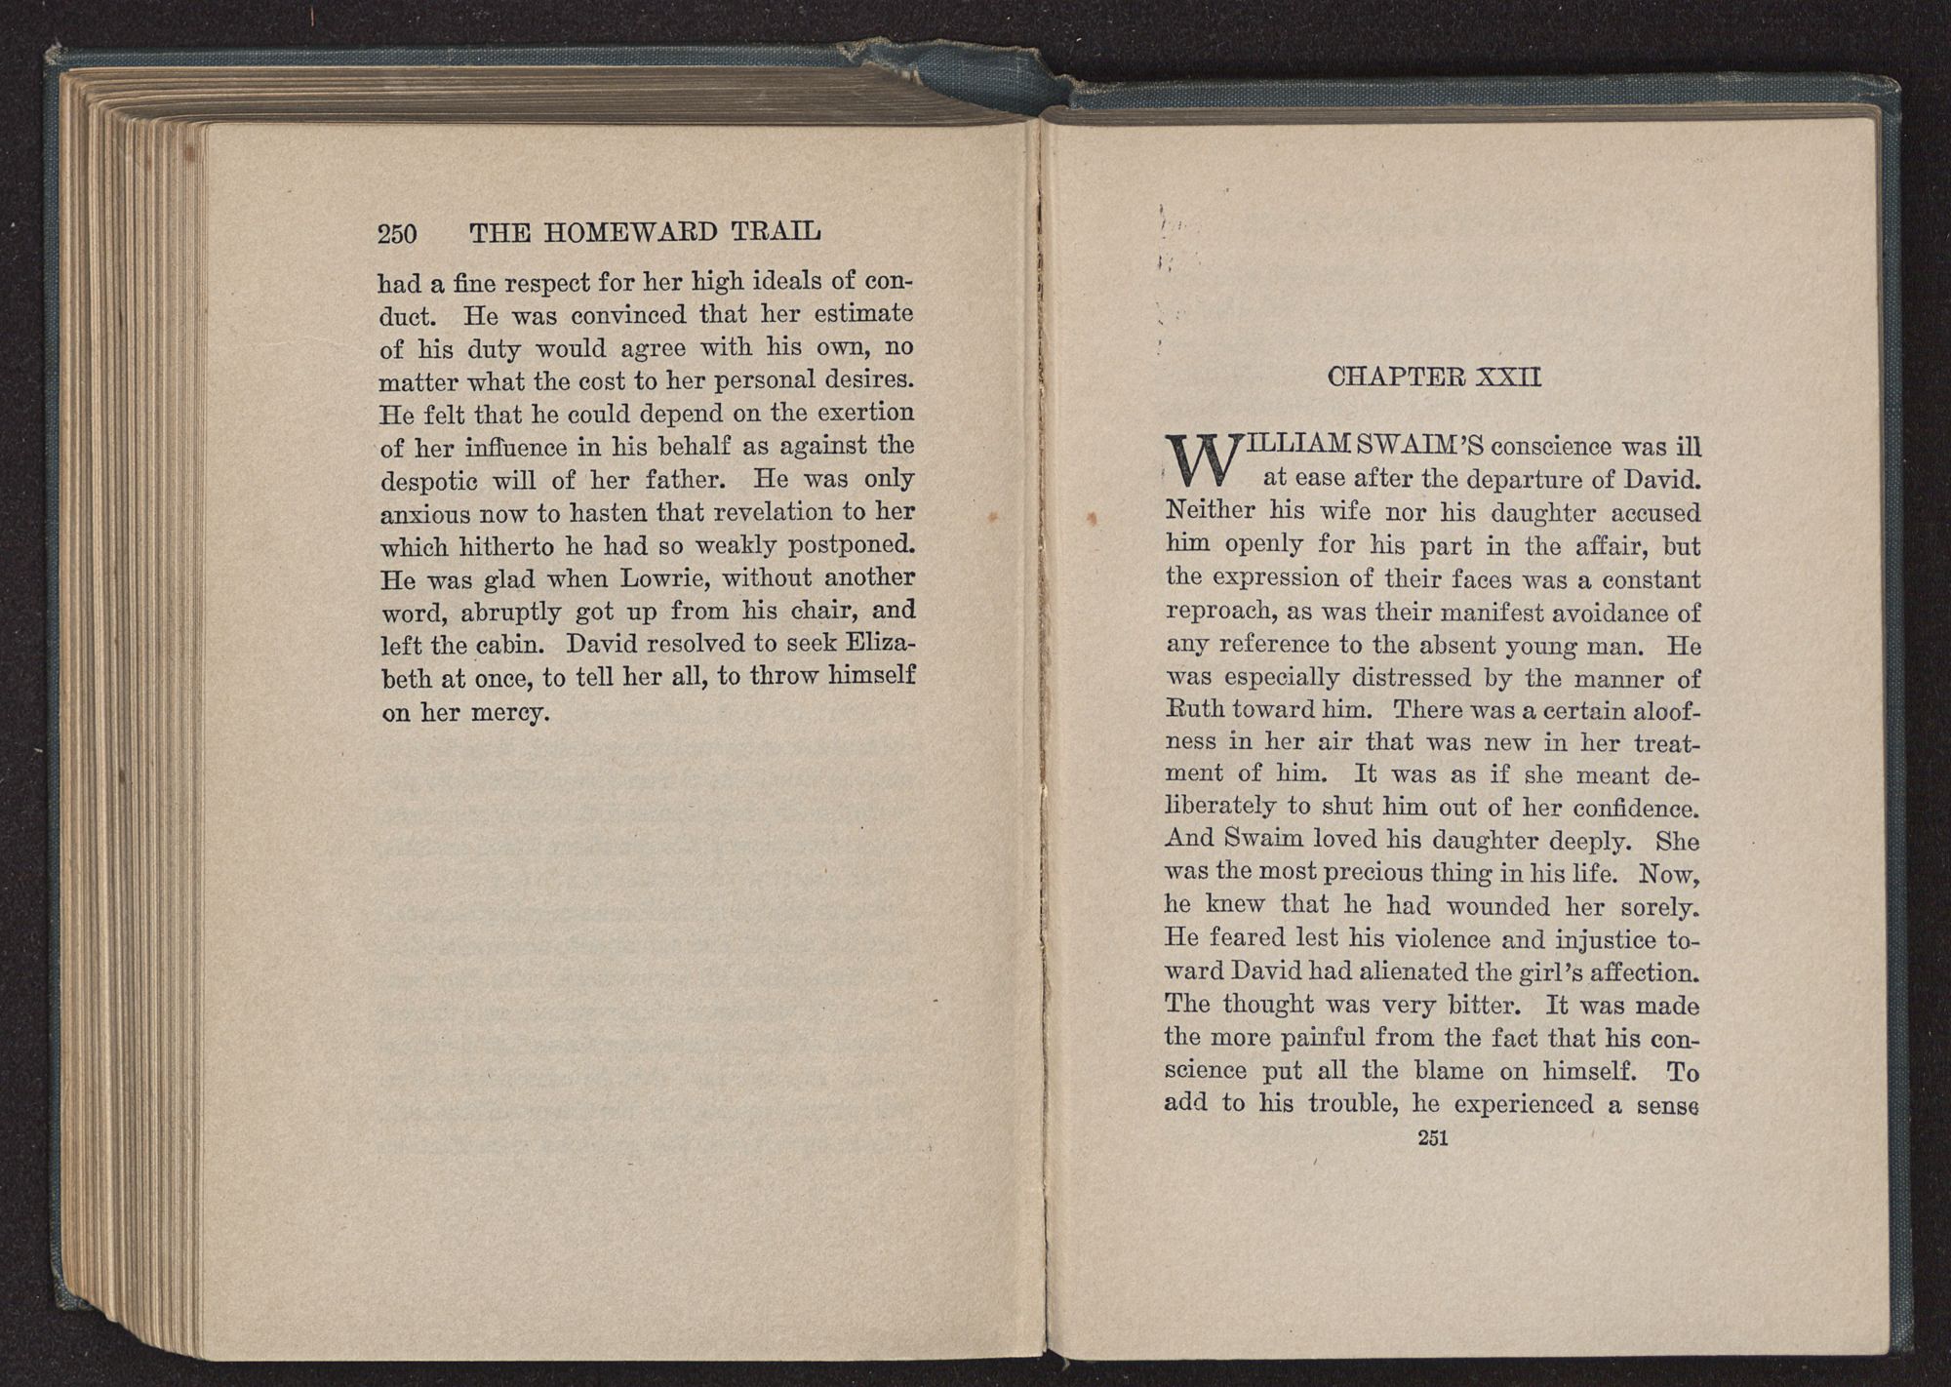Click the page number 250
(x=397, y=234)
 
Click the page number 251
(x=1432, y=1137)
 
